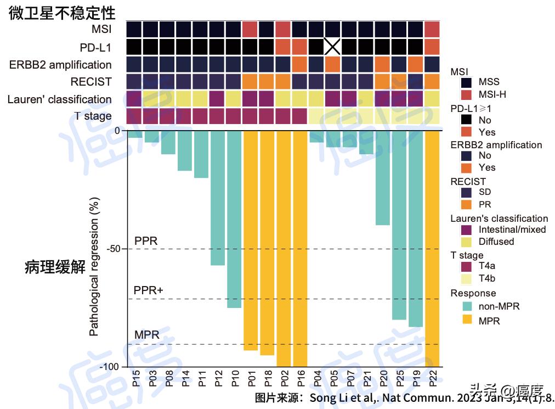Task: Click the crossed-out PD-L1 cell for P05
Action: tap(332, 46)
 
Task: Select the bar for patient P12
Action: tap(218, 198)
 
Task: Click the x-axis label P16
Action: tap(300, 379)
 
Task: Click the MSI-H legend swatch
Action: tap(467, 94)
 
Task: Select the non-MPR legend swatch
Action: tap(467, 306)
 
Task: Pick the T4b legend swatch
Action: tap(467, 278)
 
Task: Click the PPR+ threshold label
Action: tap(149, 290)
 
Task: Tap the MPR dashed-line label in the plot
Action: tap(146, 335)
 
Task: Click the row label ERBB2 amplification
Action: tap(60, 65)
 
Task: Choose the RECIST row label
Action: tap(91, 82)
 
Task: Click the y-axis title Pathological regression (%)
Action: tap(94, 266)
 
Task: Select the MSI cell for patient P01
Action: tap(250, 29)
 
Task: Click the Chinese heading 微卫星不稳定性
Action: tap(62, 13)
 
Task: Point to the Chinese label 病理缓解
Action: tap(55, 268)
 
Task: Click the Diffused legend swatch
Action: tap(467, 242)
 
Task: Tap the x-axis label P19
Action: tap(416, 379)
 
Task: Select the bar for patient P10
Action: tap(234, 219)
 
